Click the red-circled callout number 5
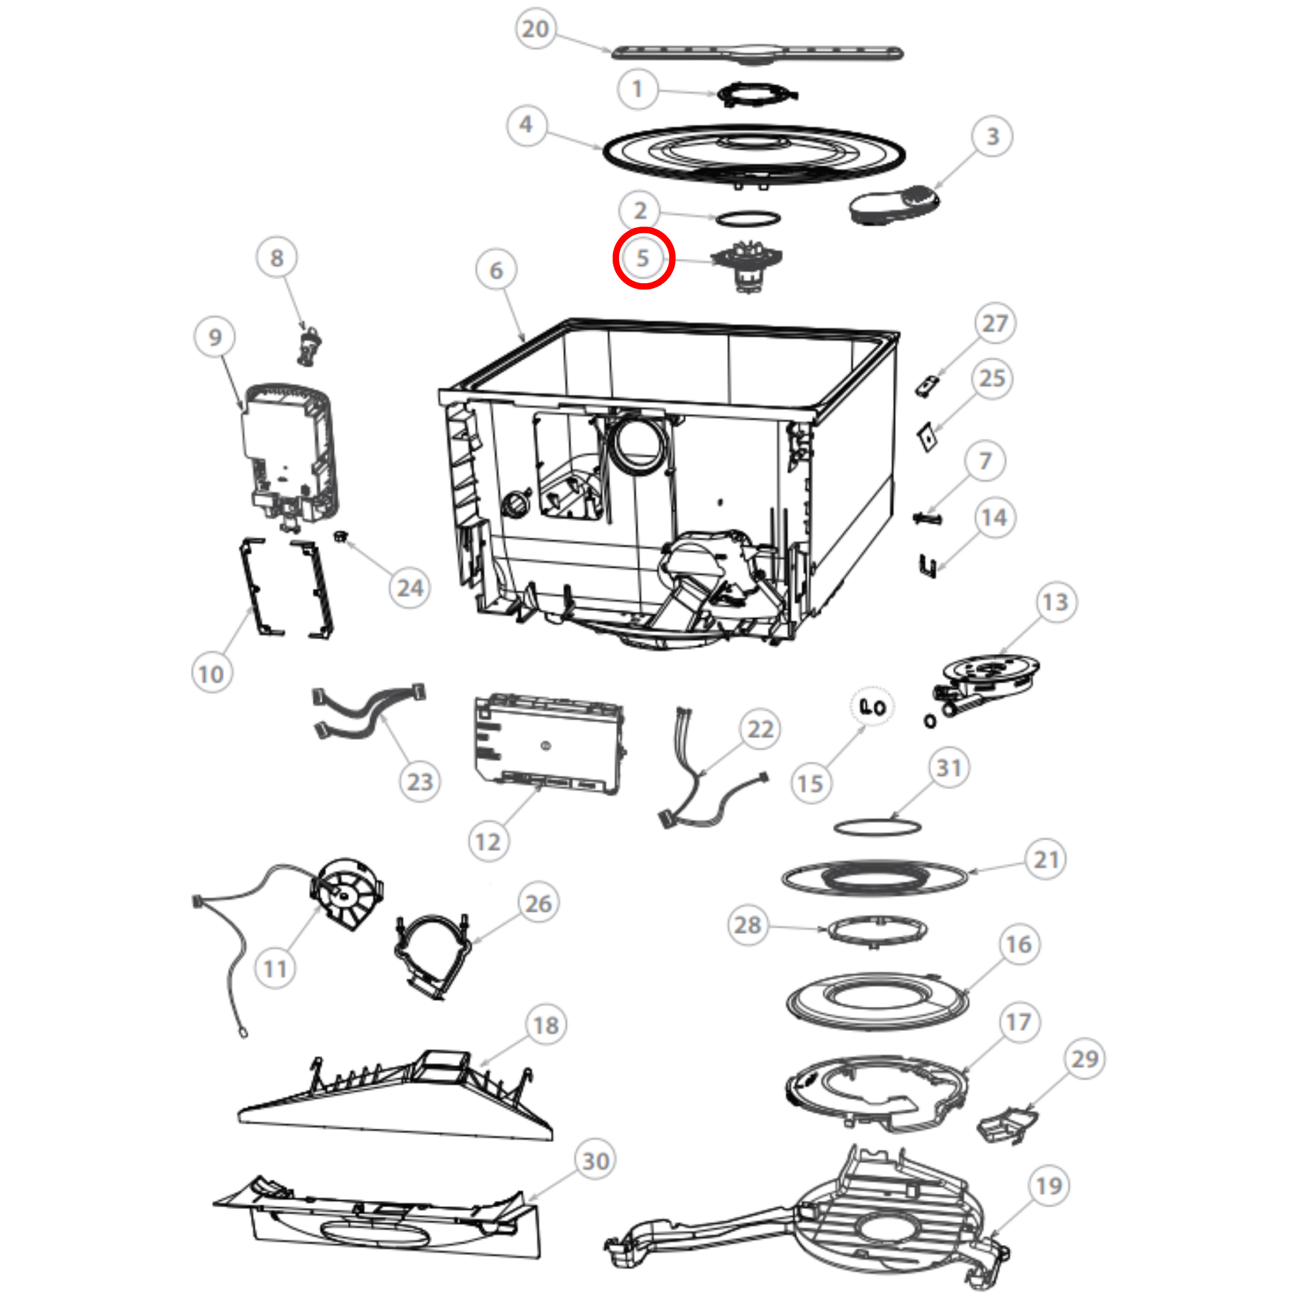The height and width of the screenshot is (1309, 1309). [643, 258]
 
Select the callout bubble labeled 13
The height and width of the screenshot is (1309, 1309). [1055, 602]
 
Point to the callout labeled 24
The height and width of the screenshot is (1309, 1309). [410, 588]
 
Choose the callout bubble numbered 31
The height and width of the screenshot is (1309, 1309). [949, 768]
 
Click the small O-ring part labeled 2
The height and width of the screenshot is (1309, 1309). [747, 218]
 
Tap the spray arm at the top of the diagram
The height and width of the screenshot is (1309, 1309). [757, 53]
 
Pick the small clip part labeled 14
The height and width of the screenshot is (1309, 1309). [927, 566]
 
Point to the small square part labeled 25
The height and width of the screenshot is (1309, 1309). [926, 437]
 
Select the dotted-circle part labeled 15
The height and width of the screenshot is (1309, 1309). [872, 707]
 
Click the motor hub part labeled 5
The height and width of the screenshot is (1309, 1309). [745, 266]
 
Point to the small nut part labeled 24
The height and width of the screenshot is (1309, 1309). [340, 537]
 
